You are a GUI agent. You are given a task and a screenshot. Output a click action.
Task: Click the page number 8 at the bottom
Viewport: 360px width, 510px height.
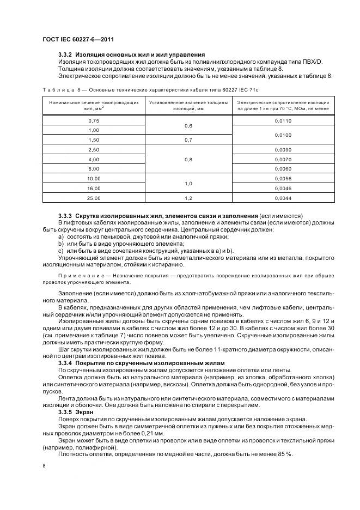click(x=44, y=465)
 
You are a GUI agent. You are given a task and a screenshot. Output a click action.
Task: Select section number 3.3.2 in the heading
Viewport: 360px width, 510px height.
click(x=66, y=55)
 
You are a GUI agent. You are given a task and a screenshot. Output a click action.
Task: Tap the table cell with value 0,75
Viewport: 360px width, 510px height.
click(x=94, y=120)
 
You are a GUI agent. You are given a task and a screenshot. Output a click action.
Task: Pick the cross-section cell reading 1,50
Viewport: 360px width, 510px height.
click(x=94, y=139)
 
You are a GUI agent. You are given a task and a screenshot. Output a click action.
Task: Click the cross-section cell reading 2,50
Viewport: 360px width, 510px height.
click(x=94, y=149)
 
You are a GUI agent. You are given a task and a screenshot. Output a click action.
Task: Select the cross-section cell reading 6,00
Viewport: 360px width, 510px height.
click(x=94, y=168)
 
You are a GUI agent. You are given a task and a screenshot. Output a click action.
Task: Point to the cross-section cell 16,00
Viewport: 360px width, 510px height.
click(x=94, y=187)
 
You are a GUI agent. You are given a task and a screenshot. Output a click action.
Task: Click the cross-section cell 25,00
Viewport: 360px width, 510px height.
click(x=94, y=197)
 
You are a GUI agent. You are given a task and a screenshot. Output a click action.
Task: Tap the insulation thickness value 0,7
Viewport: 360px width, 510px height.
click(x=188, y=139)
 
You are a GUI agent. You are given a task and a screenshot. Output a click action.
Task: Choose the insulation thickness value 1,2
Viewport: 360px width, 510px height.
click(x=188, y=197)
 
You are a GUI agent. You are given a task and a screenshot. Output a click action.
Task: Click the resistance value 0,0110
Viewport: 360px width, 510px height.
click(x=283, y=120)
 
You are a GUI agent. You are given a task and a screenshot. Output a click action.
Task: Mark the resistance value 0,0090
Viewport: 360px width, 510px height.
click(x=283, y=149)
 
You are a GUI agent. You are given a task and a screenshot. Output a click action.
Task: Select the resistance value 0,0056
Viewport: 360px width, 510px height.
click(x=283, y=178)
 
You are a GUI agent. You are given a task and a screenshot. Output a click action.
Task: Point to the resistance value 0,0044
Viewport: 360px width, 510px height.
click(x=283, y=197)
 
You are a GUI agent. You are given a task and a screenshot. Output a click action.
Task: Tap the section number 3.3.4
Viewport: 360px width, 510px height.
click(x=66, y=362)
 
